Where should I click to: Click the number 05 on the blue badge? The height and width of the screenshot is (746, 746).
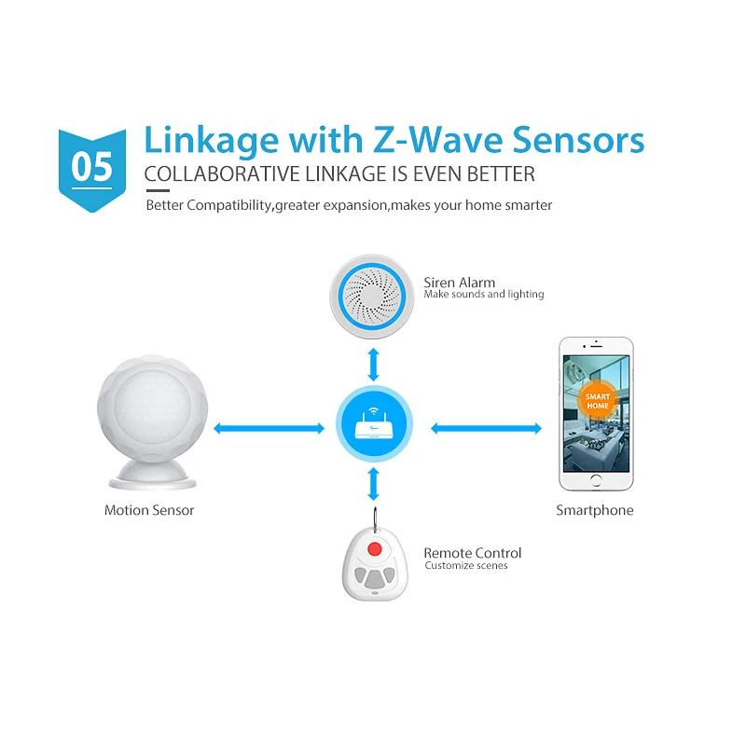click(91, 167)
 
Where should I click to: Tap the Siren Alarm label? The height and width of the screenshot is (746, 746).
click(459, 283)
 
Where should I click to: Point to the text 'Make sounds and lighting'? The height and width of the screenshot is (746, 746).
click(483, 295)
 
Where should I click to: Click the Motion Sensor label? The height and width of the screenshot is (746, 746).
click(149, 510)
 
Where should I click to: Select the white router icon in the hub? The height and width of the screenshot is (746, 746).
click(374, 428)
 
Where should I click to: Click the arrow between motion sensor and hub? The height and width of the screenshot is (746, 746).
click(269, 429)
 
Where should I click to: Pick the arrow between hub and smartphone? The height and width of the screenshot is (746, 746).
click(486, 429)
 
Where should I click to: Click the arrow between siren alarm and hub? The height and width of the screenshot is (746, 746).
click(374, 363)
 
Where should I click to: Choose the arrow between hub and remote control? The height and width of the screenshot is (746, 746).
click(374, 484)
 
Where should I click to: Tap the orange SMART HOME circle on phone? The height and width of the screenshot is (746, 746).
click(597, 403)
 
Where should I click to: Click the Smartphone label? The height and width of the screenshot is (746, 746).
click(595, 510)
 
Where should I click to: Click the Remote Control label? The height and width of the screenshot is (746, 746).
click(472, 553)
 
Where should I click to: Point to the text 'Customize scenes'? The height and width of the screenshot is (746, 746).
click(465, 566)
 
